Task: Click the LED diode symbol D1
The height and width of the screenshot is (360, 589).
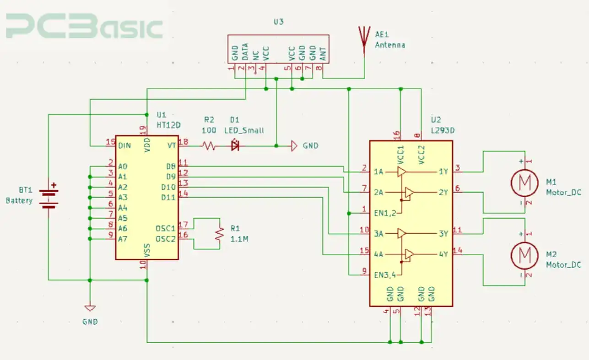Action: (236, 146)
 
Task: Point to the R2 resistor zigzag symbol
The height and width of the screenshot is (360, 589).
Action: (210, 146)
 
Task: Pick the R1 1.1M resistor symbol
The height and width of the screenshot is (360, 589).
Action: (220, 233)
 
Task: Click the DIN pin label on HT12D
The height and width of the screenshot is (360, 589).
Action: (124, 146)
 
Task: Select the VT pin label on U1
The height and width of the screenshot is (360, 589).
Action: (172, 146)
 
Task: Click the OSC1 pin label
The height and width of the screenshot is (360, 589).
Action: (165, 228)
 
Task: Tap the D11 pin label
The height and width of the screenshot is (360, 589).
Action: (168, 198)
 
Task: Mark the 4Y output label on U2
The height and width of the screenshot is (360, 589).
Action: (443, 254)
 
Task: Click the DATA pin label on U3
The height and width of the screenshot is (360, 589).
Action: (245, 52)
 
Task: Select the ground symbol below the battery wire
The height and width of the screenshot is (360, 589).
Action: (90, 307)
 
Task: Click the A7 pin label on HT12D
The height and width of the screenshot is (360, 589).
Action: (123, 239)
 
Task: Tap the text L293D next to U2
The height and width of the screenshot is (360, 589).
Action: (442, 130)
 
